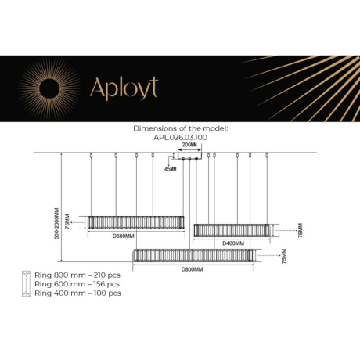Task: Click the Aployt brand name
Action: tap(124, 88)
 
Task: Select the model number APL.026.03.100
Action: tap(181, 138)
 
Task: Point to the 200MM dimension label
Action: tap(189, 146)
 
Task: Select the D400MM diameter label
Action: tap(232, 243)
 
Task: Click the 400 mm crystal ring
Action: tap(234, 230)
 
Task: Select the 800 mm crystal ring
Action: tap(193, 255)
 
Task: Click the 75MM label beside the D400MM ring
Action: tap(301, 231)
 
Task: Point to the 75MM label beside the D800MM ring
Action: tap(283, 256)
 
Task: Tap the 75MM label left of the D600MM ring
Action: tap(68, 223)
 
